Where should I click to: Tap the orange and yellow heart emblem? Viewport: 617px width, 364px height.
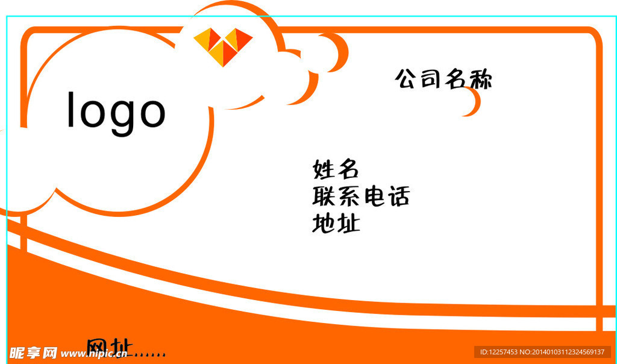(223, 45)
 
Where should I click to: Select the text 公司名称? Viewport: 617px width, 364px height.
(443, 79)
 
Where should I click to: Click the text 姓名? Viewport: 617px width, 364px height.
(336, 169)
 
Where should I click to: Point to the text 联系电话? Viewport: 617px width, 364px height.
(361, 196)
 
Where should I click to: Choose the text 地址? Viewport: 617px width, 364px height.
(336, 224)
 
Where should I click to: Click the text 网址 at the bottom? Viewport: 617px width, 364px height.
(109, 348)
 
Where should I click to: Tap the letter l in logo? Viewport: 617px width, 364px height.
(71, 110)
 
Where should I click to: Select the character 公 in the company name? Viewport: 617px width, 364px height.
(406, 78)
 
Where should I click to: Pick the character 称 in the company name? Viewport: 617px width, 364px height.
(480, 80)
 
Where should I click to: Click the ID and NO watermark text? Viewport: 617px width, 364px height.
(542, 352)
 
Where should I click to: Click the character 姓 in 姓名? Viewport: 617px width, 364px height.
(324, 169)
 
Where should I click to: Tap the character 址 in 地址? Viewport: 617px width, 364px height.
(348, 224)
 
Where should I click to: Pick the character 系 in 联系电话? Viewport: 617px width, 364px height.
(349, 196)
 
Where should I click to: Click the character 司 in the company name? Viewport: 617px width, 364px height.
(430, 78)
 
